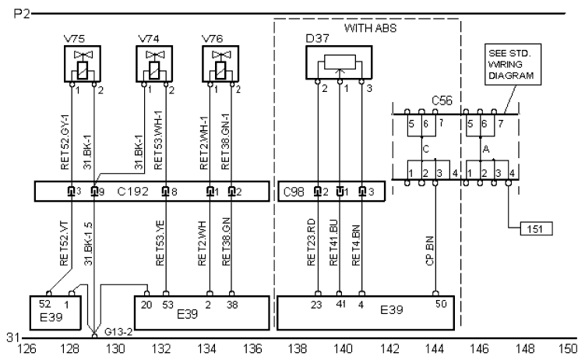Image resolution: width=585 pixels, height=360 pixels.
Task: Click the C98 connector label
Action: [x=294, y=190]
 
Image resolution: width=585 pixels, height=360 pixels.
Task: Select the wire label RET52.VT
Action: [x=65, y=249]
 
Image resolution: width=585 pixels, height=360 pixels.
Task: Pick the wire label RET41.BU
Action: [x=334, y=247]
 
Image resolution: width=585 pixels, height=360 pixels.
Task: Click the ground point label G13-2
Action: [x=118, y=333]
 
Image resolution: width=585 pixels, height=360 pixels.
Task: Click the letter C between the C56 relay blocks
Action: [x=425, y=146]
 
